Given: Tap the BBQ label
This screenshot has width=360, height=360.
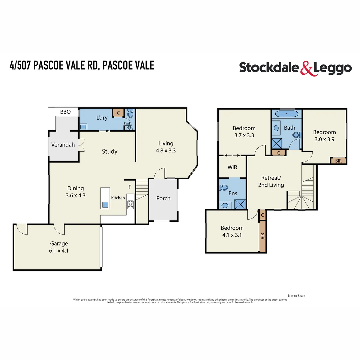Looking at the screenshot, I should tap(65, 112).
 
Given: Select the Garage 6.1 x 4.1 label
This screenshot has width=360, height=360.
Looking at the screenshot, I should tap(59, 247).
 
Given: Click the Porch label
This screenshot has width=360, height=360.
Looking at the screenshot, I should tap(163, 198).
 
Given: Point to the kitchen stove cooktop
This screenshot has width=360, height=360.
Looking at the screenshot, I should tap(130, 205).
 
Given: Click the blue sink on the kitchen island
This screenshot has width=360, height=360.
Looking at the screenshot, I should tap(105, 205).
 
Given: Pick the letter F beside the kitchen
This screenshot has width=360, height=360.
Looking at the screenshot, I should tap(130, 187).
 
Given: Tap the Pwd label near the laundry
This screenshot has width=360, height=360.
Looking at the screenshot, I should tap(127, 124).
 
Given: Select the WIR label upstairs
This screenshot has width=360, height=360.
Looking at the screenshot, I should tap(232, 167).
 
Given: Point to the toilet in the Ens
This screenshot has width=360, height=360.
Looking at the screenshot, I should tap(224, 188).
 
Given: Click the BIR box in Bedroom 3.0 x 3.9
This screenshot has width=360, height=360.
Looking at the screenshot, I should tap(338, 161).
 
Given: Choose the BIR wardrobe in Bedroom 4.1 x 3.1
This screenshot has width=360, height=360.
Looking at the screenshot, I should tap(262, 236).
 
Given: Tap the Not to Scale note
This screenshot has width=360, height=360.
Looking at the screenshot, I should tap(296, 296).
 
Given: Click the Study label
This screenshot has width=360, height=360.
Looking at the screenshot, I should tap(109, 151).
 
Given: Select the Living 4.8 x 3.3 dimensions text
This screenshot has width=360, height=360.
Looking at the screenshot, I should tap(166, 150).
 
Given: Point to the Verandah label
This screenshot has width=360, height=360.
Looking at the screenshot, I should tap(63, 145).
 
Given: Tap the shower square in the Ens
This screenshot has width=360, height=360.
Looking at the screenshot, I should tap(240, 204).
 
